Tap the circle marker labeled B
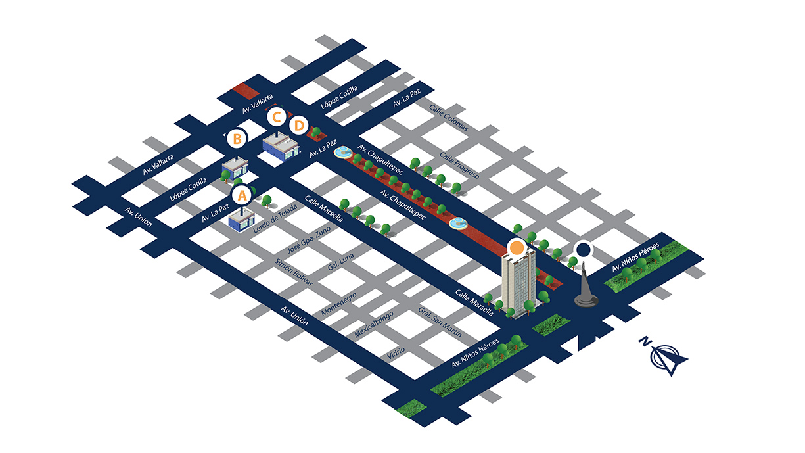pyautogui.click(x=237, y=139)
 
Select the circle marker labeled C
pyautogui.click(x=277, y=118)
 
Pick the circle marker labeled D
pyautogui.click(x=299, y=124)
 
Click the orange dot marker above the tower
pyautogui.click(x=517, y=248)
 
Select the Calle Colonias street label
pyautogui.click(x=448, y=118)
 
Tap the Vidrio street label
pyautogui.click(x=396, y=350)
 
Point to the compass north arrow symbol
pyautogui.click(x=666, y=356)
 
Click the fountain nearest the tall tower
pyautogui.click(x=458, y=224)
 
